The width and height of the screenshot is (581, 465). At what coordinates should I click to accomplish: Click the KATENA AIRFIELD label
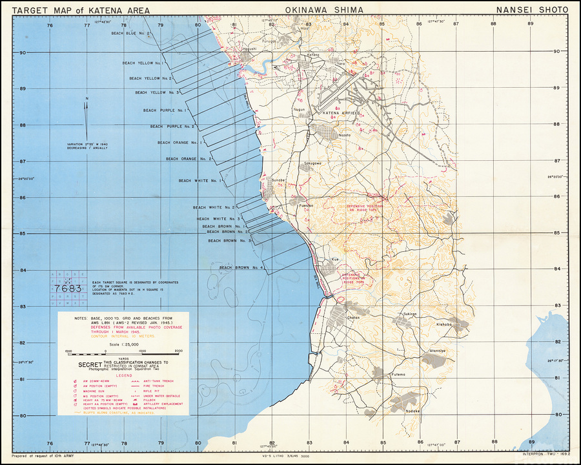[340, 113]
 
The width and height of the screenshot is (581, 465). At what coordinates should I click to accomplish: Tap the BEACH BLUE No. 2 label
[131, 33]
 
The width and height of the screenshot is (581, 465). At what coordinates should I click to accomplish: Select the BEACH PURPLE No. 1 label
[168, 110]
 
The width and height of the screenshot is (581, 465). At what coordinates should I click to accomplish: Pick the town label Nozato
[344, 134]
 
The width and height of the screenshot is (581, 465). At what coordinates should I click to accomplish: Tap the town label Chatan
[354, 318]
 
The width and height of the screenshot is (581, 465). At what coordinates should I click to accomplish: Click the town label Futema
[398, 374]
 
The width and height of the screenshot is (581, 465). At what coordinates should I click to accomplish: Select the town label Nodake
[413, 411]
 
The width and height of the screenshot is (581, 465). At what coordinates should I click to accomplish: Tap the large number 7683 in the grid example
[68, 288]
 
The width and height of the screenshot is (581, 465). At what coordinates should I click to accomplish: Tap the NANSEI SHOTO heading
[532, 10]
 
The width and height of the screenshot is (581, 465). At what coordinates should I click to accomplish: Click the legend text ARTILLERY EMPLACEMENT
[159, 404]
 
